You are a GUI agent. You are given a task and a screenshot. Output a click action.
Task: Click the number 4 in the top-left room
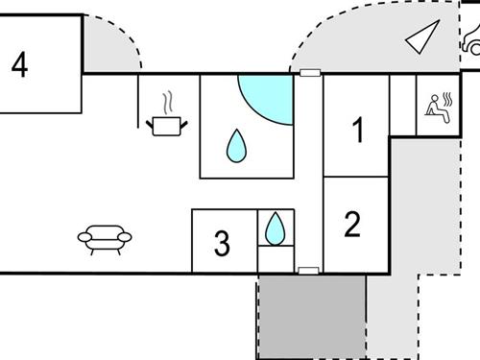tap(19, 65)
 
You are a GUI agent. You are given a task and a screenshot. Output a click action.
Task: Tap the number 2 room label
tap(352, 224)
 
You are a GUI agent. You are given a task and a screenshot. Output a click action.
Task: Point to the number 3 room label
tap(222, 244)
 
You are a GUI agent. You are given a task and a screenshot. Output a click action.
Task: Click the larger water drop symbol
tap(236, 146)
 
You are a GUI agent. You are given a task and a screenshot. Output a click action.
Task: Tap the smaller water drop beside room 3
tap(276, 228)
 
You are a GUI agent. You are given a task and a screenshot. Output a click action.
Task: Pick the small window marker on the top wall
tap(308, 73)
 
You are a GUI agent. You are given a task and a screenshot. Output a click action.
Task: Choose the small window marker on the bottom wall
tap(308, 271)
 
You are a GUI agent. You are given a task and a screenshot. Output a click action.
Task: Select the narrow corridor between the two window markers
tap(308, 173)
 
